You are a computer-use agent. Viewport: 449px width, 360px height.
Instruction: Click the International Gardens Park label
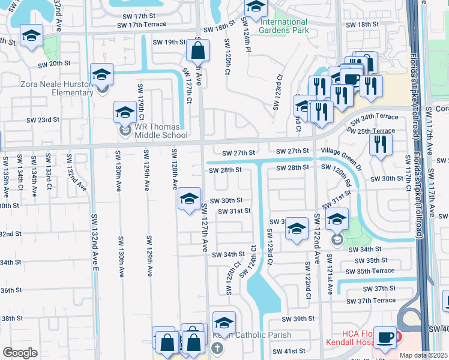pos(284,25)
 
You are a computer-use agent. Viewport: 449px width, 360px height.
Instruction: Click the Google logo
pos(20,353)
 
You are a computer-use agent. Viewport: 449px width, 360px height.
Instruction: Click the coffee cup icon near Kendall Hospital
pos(384,338)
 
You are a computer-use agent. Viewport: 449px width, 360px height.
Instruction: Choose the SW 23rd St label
pos(42,119)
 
